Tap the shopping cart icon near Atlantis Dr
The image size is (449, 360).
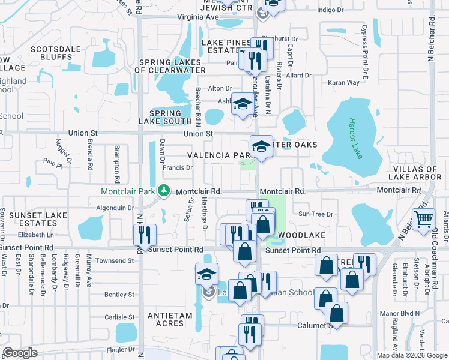[424, 220]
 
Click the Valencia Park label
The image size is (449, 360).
[217, 155]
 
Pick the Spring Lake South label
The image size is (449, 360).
[165, 117]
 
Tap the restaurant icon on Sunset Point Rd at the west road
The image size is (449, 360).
[145, 235]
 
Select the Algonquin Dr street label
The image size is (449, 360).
[115, 208]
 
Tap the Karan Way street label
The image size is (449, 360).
[344, 82]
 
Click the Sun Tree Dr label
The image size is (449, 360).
[315, 214]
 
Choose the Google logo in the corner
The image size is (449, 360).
[20, 353]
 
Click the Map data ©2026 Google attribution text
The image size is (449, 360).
[411, 355]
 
